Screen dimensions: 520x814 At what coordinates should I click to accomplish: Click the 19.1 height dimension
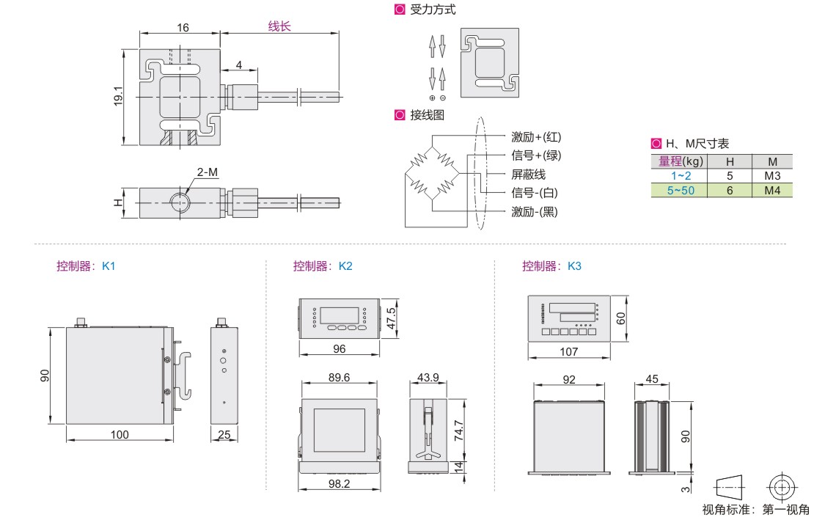click(118, 97)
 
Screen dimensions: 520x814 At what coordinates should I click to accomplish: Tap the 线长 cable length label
click(279, 26)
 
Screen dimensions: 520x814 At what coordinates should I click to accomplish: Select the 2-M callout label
click(207, 173)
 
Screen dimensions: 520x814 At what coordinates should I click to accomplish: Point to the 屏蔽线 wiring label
click(528, 175)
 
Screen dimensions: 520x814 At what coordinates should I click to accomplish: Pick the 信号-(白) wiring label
click(535, 193)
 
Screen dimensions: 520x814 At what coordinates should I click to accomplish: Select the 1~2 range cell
click(680, 176)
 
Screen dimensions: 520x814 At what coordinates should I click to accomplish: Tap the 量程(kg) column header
click(680, 161)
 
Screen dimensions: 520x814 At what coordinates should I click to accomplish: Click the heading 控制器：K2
click(323, 266)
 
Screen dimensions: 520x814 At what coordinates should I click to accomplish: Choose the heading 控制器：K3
click(551, 266)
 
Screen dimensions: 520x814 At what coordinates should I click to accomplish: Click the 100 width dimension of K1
click(120, 435)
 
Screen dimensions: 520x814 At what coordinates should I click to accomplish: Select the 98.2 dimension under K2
click(338, 484)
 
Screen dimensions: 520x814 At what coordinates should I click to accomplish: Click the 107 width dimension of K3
click(568, 352)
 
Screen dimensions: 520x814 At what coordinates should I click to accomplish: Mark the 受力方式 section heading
click(432, 10)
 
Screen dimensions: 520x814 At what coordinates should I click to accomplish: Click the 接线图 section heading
click(427, 115)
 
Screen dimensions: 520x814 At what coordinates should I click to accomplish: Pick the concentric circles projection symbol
click(782, 486)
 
